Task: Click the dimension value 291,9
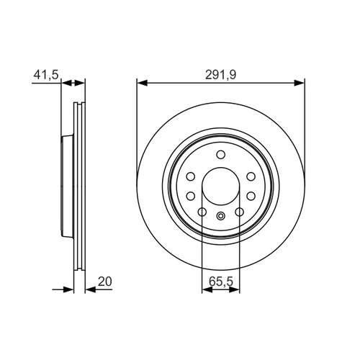click(220, 75)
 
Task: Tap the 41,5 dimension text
click(46, 75)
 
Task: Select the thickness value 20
click(105, 282)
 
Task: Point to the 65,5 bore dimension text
click(221, 282)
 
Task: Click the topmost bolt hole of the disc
click(220, 155)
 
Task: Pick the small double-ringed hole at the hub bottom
click(220, 216)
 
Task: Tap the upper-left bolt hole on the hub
click(191, 176)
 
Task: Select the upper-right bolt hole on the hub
click(251, 176)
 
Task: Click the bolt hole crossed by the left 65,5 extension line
click(202, 212)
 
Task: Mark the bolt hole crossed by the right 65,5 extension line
click(240, 212)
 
